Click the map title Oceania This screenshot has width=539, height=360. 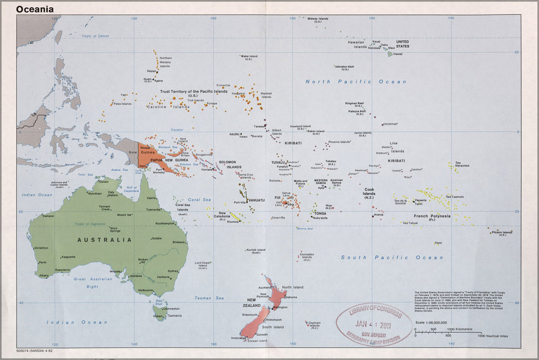pos(34,9)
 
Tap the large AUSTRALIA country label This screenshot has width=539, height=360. pos(104,240)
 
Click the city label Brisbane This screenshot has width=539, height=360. pos(179,242)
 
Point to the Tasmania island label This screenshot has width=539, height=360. pos(174,316)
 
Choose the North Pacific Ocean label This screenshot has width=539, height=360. pos(356,82)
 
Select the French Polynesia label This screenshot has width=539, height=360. pos(432,217)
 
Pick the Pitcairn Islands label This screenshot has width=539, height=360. pos(502,233)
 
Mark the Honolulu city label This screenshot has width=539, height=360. pos(375,48)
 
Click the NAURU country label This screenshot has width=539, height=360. pos(234,134)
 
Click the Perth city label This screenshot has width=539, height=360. pos(42,263)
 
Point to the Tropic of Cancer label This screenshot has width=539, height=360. pos(96,36)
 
